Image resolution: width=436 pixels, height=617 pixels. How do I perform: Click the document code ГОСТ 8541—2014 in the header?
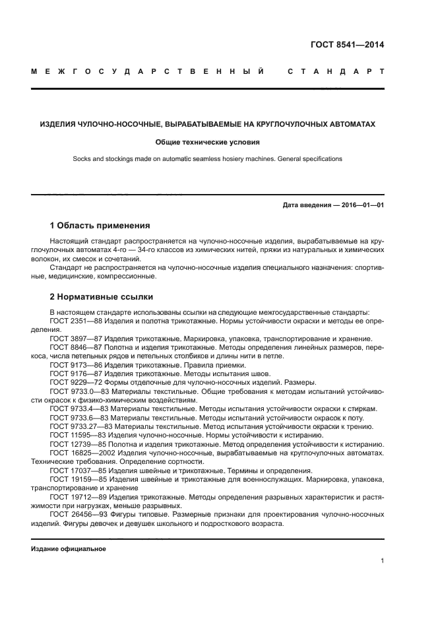(347, 45)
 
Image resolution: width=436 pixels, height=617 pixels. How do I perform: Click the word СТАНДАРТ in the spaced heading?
(336, 71)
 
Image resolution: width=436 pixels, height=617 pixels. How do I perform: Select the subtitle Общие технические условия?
(207, 141)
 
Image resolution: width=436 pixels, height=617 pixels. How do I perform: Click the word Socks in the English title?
(82, 159)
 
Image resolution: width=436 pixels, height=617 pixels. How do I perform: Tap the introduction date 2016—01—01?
(361, 205)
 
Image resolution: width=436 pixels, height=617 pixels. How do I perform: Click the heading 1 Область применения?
(100, 225)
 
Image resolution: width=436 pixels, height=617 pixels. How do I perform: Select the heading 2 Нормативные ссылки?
(101, 297)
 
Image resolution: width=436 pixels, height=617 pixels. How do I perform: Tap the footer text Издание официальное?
(69, 549)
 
